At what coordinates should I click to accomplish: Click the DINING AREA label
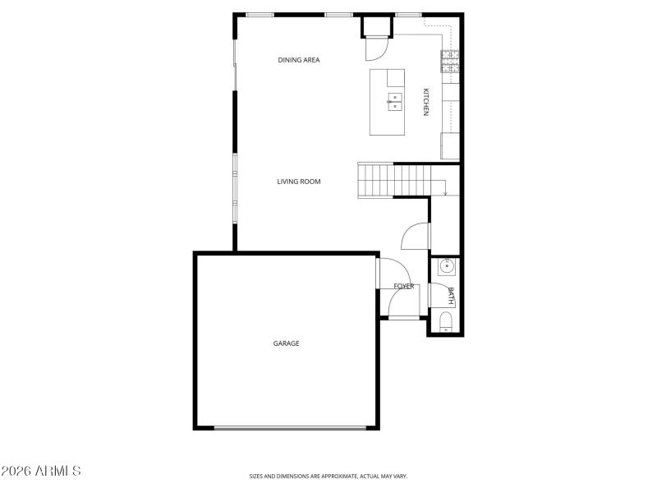coord(298,60)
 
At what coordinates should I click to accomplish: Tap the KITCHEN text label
coord(425,102)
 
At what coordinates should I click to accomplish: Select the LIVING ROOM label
coord(298,182)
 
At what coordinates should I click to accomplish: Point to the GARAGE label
coord(286,343)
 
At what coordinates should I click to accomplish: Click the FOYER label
coord(403,286)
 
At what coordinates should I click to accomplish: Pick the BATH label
coord(450,296)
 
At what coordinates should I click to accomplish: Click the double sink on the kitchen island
coord(395,102)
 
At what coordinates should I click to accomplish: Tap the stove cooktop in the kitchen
coord(450,61)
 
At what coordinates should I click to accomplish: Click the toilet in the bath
coord(446,321)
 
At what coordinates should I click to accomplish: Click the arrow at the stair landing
coord(445,192)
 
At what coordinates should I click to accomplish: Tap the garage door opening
coord(290,427)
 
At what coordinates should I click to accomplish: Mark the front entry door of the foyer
coord(404,317)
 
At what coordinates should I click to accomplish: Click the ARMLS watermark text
coord(41,472)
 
